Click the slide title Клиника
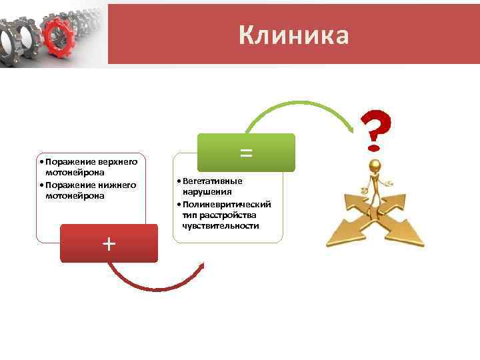click(293, 35)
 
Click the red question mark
click(375, 127)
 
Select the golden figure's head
click(376, 166)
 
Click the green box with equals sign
click(246, 153)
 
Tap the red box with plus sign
click(109, 243)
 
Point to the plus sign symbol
click(109, 243)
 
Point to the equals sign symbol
click(246, 153)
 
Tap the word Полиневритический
click(227, 204)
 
